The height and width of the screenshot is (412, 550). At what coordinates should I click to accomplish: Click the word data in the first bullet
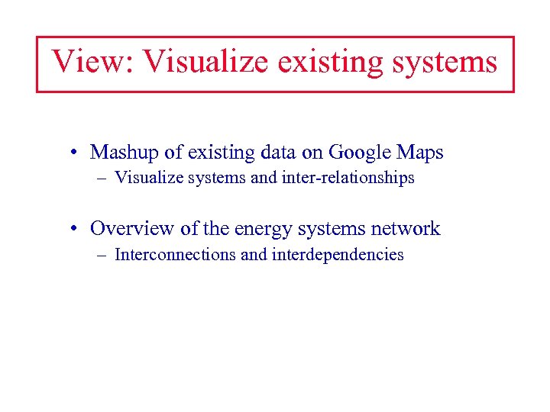click(277, 153)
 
